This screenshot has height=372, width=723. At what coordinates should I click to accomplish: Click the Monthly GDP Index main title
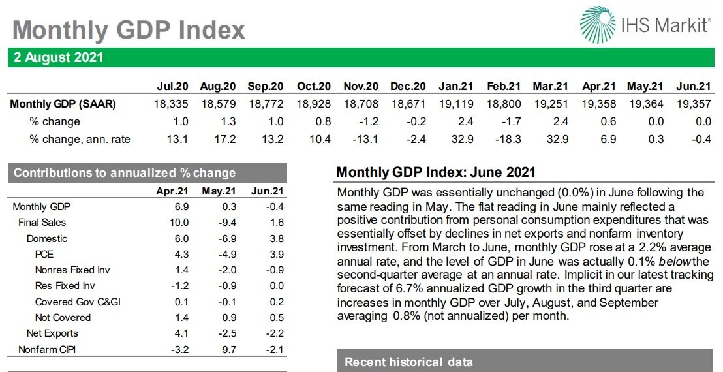tap(129, 29)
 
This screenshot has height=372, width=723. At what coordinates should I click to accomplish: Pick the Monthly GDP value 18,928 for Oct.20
tap(313, 104)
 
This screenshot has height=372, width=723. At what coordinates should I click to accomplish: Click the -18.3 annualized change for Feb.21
tap(505, 138)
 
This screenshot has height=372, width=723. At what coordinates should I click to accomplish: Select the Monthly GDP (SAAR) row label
tap(63, 104)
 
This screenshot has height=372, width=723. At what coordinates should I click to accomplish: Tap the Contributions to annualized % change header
tap(125, 173)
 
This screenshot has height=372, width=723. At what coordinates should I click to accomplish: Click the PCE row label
tap(44, 255)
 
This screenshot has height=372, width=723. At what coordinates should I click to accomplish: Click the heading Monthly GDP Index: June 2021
tap(436, 173)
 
